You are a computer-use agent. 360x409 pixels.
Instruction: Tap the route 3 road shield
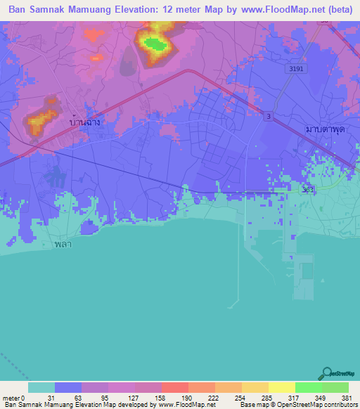pos(268,116)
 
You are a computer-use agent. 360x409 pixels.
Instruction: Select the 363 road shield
pos(307,190)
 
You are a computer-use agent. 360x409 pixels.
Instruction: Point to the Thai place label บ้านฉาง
pos(87,122)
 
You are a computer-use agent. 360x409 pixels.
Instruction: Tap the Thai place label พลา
pos(63,245)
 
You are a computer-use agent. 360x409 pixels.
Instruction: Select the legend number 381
pos(347,397)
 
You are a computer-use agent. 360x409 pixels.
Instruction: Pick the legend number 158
pos(160,397)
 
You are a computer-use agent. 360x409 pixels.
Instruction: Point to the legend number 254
pos(240,397)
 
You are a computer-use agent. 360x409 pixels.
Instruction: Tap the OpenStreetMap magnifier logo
pos(326,373)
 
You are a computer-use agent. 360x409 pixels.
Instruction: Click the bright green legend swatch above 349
pos(308,387)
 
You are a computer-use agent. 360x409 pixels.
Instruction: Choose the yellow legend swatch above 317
pos(281,387)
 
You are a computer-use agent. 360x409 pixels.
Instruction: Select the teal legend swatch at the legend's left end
pos(41,387)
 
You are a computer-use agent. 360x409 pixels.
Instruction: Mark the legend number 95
pos(108,397)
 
